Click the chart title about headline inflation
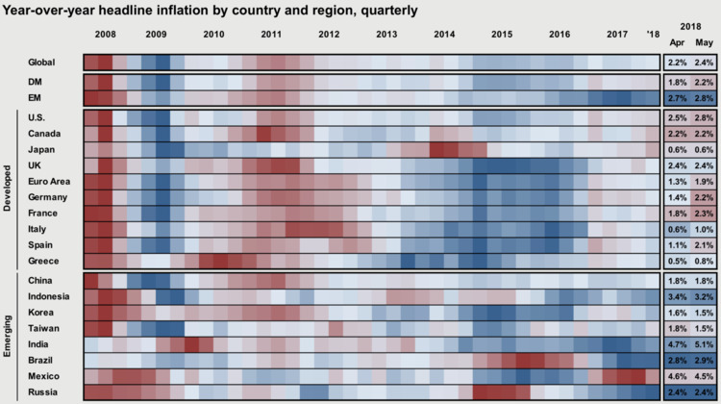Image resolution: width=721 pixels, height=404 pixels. coord(209,11)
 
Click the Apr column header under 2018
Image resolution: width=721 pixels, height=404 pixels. coord(676,43)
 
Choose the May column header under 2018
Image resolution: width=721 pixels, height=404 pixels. coord(704,43)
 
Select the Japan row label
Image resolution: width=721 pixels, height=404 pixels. coord(41,149)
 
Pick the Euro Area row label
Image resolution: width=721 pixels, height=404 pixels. coord(50,181)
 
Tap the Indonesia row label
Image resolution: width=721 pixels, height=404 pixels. coord(49,296)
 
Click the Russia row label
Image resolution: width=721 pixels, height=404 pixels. coord(42,391)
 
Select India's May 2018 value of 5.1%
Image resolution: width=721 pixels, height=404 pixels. coord(704,343)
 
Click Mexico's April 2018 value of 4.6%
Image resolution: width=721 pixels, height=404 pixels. coord(676,375)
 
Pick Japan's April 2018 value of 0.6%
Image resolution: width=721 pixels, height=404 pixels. coord(676,149)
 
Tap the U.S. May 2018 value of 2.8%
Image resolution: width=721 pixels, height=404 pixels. coord(704,117)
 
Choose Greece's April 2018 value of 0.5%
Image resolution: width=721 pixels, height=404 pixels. coord(676,260)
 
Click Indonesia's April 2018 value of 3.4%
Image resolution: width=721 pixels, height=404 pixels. coord(676,296)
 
